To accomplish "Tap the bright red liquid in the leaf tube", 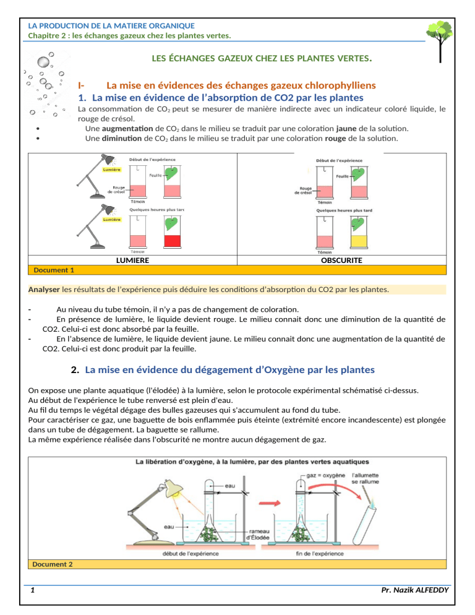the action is pyautogui.click(x=173, y=241).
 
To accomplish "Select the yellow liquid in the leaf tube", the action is pyautogui.click(x=359, y=241).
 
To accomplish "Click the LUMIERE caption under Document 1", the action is pyautogui.click(x=132, y=260).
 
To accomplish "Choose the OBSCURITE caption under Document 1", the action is pyautogui.click(x=341, y=260).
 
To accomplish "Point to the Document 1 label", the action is pyautogui.click(x=54, y=270).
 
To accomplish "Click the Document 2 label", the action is pyautogui.click(x=52, y=564).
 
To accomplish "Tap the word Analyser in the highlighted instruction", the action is pyautogui.click(x=44, y=290).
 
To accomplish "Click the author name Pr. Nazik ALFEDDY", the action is pyautogui.click(x=415, y=590).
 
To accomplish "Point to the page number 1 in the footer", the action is pyautogui.click(x=33, y=590).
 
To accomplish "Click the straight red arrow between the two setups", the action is pyautogui.click(x=270, y=503).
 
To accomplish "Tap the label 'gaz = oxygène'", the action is pyautogui.click(x=325, y=475).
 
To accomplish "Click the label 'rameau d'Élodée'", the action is pyautogui.click(x=258, y=534).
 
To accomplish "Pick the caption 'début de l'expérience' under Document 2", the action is pyautogui.click(x=190, y=553).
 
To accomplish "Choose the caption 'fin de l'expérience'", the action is pyautogui.click(x=320, y=553).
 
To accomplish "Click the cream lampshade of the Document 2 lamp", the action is pyautogui.click(x=173, y=488).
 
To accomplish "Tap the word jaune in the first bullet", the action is pyautogui.click(x=346, y=128).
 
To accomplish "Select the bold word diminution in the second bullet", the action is pyautogui.click(x=122, y=138).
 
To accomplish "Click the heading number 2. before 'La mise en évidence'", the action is pyautogui.click(x=75, y=369).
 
